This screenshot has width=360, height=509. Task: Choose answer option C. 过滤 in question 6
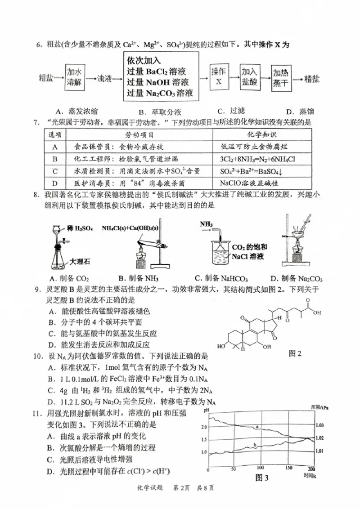coord(230,111)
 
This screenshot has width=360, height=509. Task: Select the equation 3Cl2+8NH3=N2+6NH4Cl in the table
coord(257,159)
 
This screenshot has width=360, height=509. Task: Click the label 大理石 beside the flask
coord(80,261)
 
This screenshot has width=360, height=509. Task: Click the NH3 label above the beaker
coord(207,223)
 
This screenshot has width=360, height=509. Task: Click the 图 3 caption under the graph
coord(262,477)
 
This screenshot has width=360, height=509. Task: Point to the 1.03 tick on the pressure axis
coord(320,425)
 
